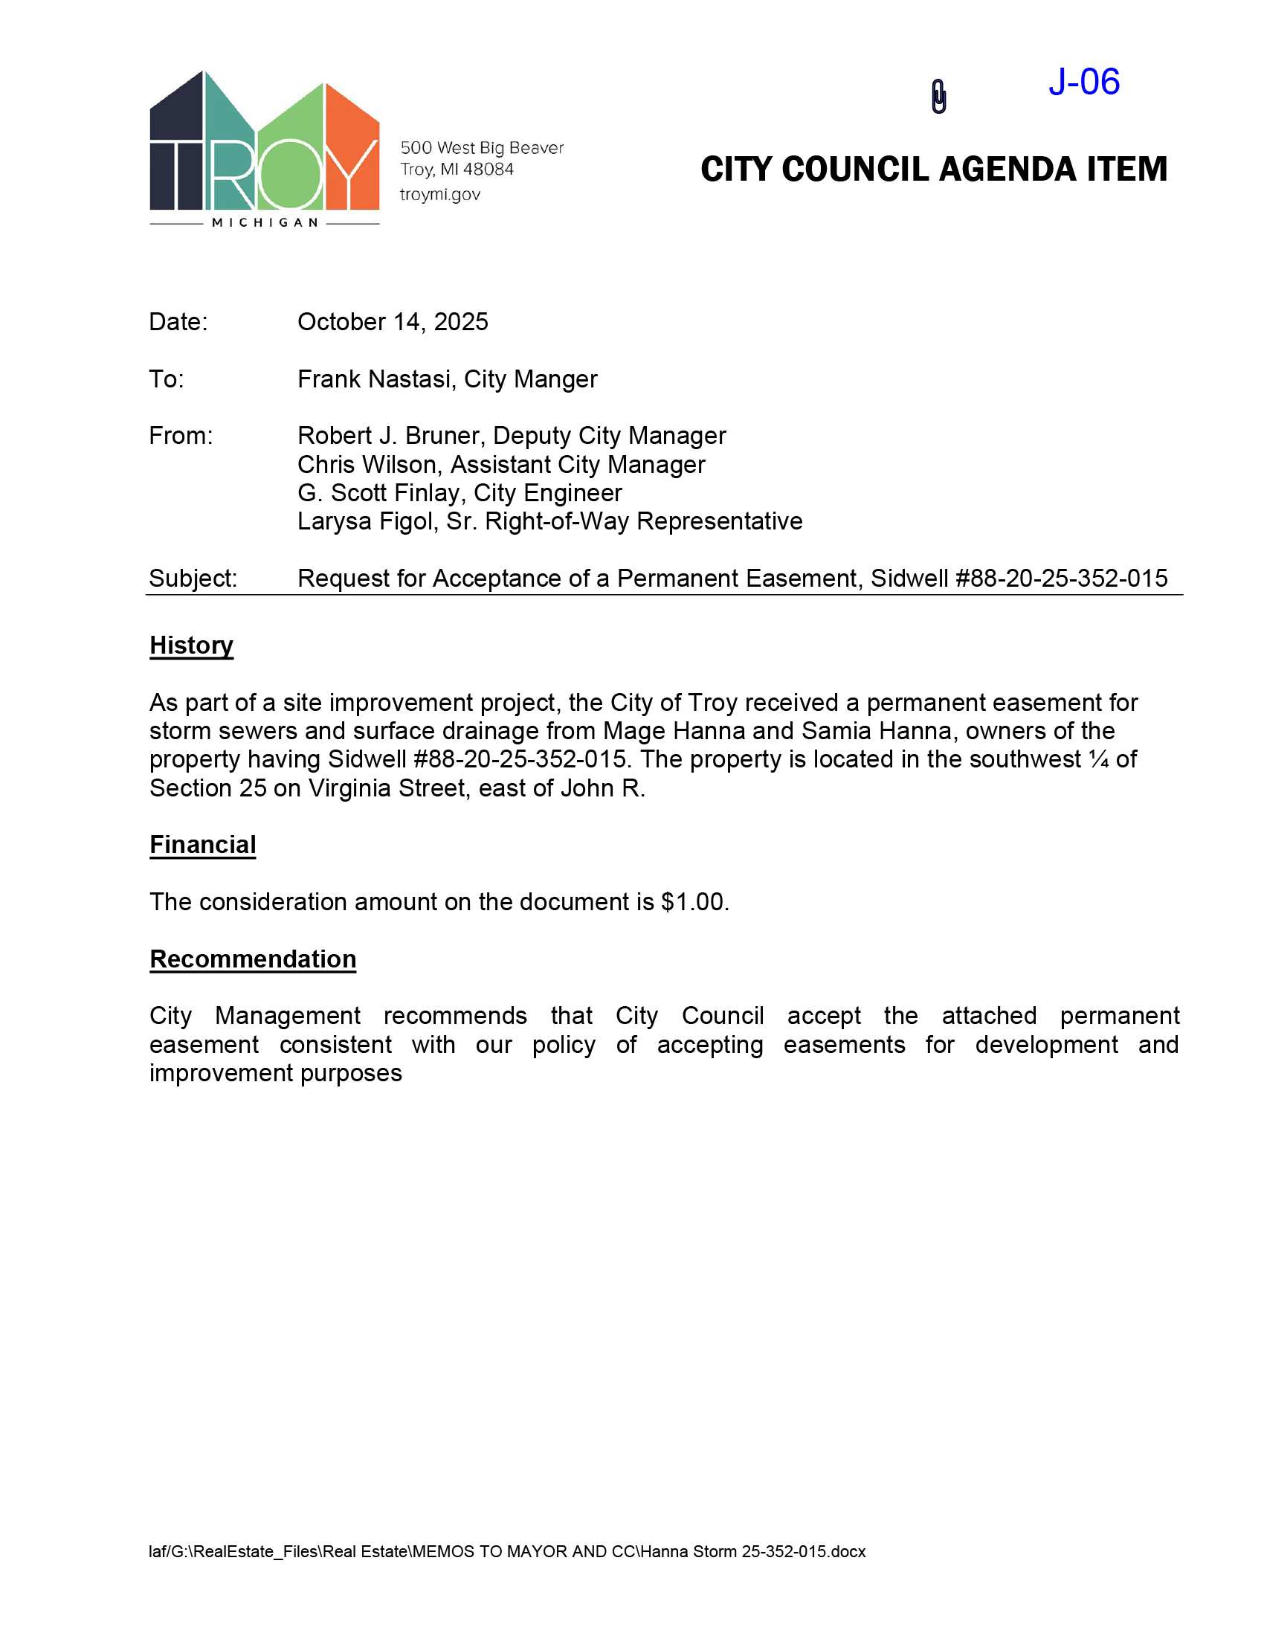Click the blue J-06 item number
[x=1083, y=82]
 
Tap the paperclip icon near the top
[x=938, y=97]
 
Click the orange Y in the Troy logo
[x=352, y=149]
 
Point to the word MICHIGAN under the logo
[x=265, y=222]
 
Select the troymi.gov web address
[x=439, y=195]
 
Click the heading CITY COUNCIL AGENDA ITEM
[x=933, y=170]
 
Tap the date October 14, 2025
[x=393, y=322]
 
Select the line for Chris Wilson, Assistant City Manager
[x=500, y=465]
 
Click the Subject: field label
[x=193, y=579]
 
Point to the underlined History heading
[x=191, y=645]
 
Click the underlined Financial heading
[x=202, y=845]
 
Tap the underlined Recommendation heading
[x=252, y=959]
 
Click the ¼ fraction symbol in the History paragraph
[x=1097, y=759]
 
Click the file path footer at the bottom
[x=506, y=1551]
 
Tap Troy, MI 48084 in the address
[x=457, y=170]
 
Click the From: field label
[x=181, y=436]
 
